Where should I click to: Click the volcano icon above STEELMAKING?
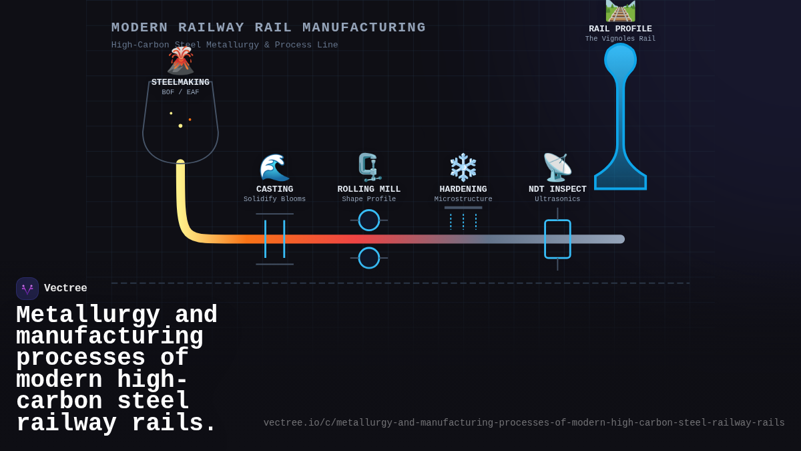click(x=180, y=61)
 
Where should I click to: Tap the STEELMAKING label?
click(x=180, y=82)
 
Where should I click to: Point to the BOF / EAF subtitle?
click(x=180, y=93)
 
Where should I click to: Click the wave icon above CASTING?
click(x=274, y=168)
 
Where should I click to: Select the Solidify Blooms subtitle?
click(x=274, y=199)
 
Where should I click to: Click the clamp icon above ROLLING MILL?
click(x=368, y=168)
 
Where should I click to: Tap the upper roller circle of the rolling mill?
click(x=369, y=220)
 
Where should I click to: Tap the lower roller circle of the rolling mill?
click(x=369, y=258)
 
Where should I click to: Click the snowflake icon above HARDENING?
click(x=463, y=168)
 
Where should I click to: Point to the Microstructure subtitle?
click(x=463, y=199)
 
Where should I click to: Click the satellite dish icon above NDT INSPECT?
click(x=557, y=168)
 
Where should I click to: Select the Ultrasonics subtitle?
click(x=557, y=199)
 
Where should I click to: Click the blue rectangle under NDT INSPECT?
click(x=557, y=239)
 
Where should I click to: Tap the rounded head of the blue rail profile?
click(x=620, y=60)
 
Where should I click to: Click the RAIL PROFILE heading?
click(x=620, y=29)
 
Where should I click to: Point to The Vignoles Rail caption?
click(x=620, y=39)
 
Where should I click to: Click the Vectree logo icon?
click(x=27, y=289)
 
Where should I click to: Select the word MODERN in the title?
click(x=140, y=27)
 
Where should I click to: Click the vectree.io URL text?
click(x=524, y=423)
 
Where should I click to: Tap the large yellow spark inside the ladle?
click(x=180, y=126)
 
